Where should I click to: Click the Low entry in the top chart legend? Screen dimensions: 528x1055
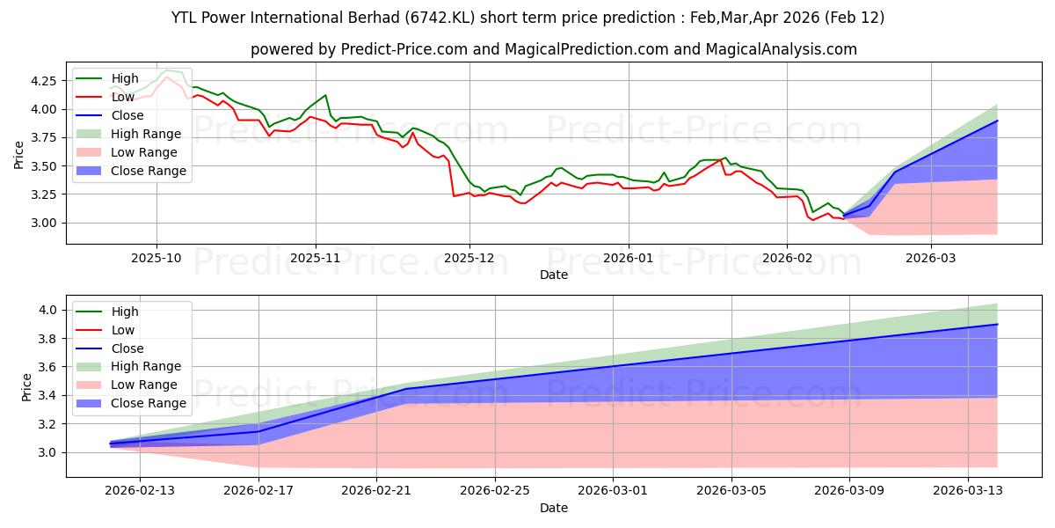coord(124,97)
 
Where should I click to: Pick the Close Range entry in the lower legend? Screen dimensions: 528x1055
coord(149,403)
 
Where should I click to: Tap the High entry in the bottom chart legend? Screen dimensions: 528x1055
coord(126,312)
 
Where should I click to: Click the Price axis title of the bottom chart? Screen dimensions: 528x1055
coord(26,386)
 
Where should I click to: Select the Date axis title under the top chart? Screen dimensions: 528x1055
coord(553,275)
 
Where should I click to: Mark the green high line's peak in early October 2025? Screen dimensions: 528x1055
coord(167,70)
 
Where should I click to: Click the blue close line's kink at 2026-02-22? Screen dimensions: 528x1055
coord(406,389)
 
